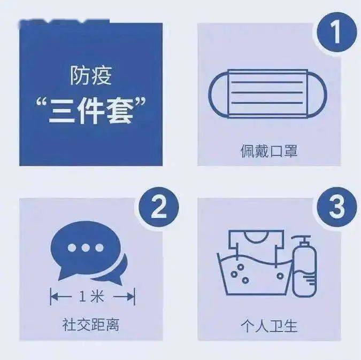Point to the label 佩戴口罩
pyautogui.click(x=268, y=151)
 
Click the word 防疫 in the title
pyautogui.click(x=90, y=76)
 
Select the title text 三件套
pyautogui.click(x=91, y=101)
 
